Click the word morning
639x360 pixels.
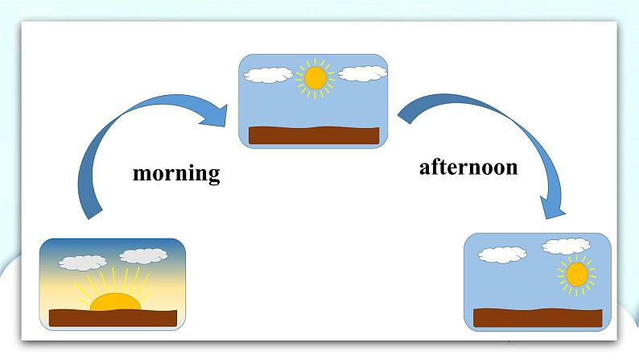pos(176,174)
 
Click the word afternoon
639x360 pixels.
pos(468,168)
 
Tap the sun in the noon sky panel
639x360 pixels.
pos(315,78)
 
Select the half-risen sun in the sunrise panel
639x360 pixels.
pos(115,302)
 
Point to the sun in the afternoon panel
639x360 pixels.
pos(577,275)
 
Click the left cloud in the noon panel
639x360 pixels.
pos(268,75)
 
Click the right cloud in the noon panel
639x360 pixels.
pos(362,73)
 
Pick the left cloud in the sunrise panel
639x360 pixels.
pos(83,263)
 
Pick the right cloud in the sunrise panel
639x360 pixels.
pos(143,255)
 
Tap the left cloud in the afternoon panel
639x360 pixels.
pos(502,254)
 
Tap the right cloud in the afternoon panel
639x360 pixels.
pos(566,246)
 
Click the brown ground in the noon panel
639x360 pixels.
pos(314,135)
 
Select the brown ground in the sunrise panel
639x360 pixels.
pos(113,318)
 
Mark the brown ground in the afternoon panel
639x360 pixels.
pos(538,317)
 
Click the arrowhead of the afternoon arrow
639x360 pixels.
pos(553,207)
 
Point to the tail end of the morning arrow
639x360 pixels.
pos(95,215)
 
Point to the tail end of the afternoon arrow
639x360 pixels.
pos(403,114)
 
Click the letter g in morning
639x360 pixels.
pos(213,176)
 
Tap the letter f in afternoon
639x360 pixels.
pos(433,167)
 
